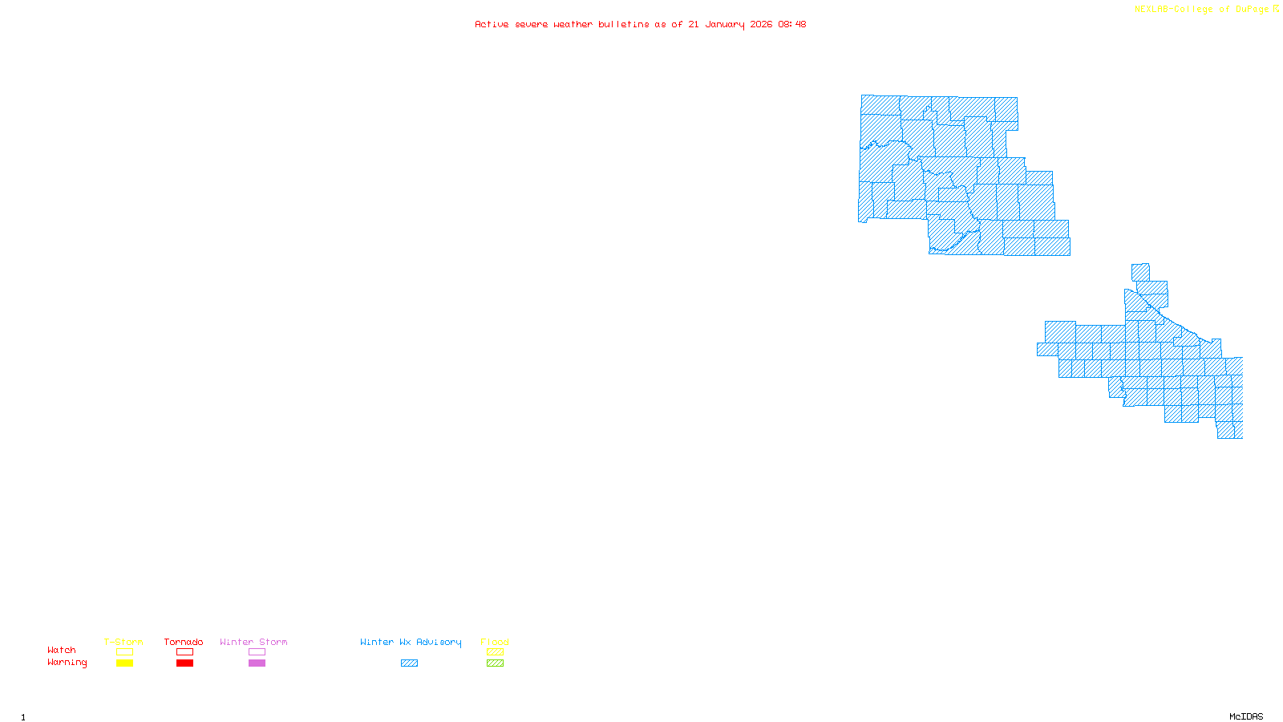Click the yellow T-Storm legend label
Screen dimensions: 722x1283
123,642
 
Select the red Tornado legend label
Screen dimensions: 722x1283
184,642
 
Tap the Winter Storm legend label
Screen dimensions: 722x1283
253,642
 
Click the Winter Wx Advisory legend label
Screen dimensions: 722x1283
411,642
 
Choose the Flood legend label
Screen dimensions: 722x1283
495,642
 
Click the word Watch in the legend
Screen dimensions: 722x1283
62,650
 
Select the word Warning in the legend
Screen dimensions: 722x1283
67,663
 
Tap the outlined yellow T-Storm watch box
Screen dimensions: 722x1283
124,652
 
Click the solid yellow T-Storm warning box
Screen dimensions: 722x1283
124,663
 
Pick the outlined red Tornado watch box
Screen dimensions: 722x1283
184,652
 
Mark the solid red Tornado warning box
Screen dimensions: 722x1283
184,663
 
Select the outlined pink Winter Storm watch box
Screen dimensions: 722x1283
257,652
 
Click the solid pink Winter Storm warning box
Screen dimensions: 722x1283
257,663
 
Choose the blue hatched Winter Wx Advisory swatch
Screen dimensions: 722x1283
409,663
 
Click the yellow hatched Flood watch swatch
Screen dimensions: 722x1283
495,652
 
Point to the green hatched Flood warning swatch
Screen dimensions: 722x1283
495,663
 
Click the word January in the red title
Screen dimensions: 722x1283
725,24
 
